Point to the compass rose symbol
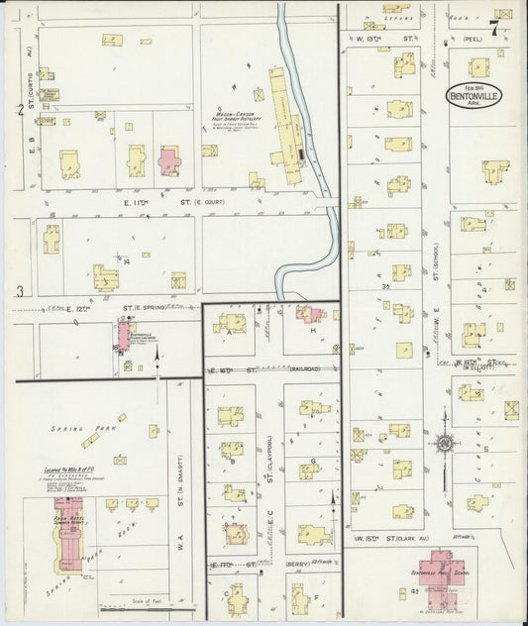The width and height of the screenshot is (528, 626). (x=445, y=443)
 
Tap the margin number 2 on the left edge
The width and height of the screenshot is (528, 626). (x=20, y=109)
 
